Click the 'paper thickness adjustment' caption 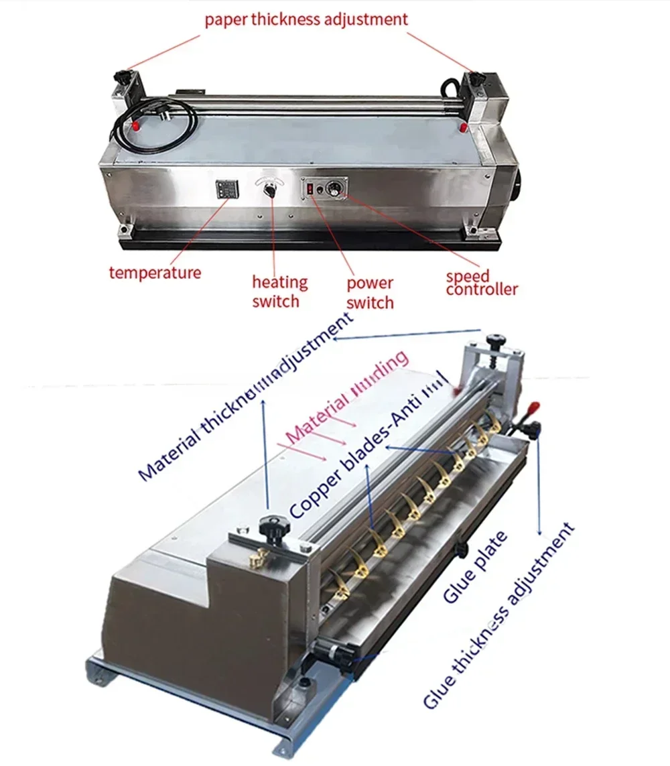pos(306,19)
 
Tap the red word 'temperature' pos(155,273)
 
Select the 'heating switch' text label pos(275,292)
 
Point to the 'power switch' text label pos(370,293)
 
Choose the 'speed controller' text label pos(481,283)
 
